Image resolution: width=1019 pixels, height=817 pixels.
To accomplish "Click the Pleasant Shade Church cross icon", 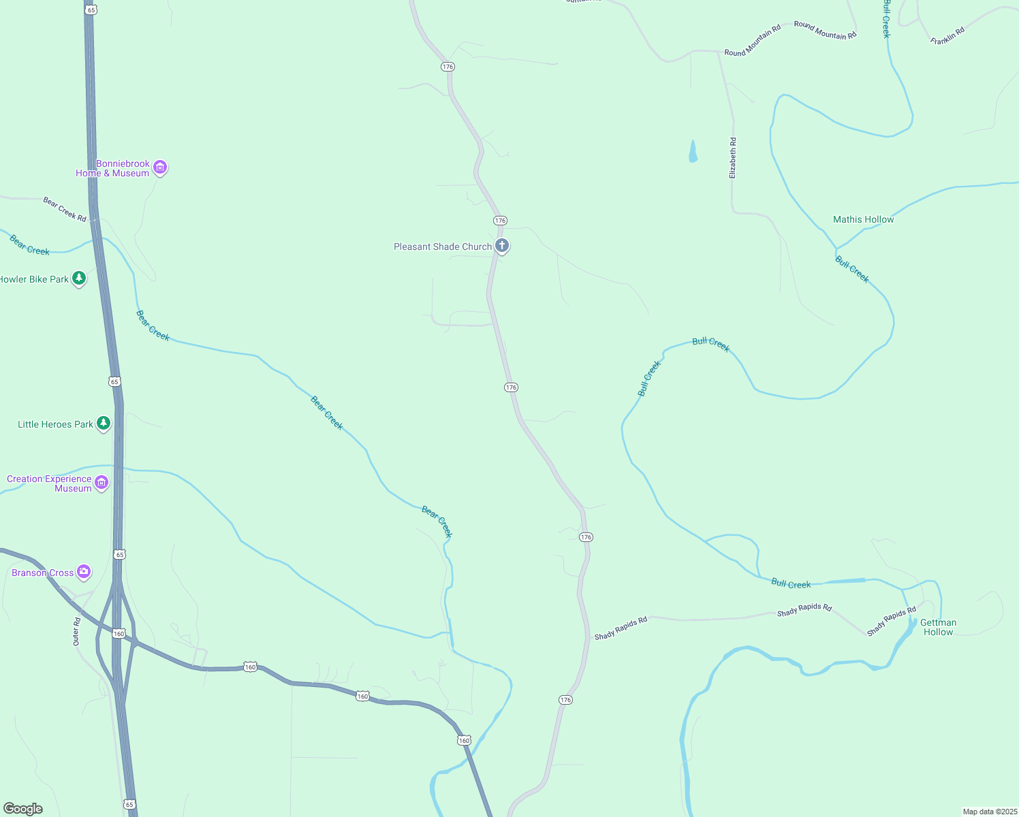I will [x=502, y=246].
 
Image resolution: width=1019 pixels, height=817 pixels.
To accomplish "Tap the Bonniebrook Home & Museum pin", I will [x=160, y=167].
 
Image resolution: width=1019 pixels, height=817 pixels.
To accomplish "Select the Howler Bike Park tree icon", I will [x=79, y=278].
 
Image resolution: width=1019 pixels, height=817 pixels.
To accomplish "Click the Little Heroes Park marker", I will [x=104, y=423].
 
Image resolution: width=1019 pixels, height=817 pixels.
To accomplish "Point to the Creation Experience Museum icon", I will [x=101, y=483].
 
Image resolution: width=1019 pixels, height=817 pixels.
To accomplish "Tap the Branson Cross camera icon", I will [x=84, y=571].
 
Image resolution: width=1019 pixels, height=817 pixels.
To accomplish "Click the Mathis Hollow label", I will [x=863, y=219].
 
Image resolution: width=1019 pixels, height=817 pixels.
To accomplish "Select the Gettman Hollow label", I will [x=938, y=627].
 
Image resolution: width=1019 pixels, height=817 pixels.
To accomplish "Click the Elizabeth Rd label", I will [x=733, y=158].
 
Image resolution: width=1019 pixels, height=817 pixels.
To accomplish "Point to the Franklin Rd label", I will [x=947, y=36].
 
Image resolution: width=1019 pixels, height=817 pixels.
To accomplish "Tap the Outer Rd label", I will [x=76, y=632].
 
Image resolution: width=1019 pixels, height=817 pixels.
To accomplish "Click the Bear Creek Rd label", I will [x=65, y=209].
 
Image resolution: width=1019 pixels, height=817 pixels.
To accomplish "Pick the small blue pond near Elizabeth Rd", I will [x=693, y=151].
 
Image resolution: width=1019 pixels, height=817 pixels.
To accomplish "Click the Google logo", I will [x=22, y=809].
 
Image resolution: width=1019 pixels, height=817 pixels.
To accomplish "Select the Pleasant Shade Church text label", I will [x=443, y=246].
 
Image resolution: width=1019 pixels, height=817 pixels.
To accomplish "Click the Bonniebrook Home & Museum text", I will [x=113, y=168].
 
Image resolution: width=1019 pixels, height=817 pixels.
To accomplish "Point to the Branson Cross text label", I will [x=42, y=573].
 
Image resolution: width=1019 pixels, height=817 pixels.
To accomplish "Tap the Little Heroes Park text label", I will [x=55, y=424].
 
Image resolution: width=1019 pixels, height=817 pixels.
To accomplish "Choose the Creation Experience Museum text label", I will [x=49, y=483].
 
